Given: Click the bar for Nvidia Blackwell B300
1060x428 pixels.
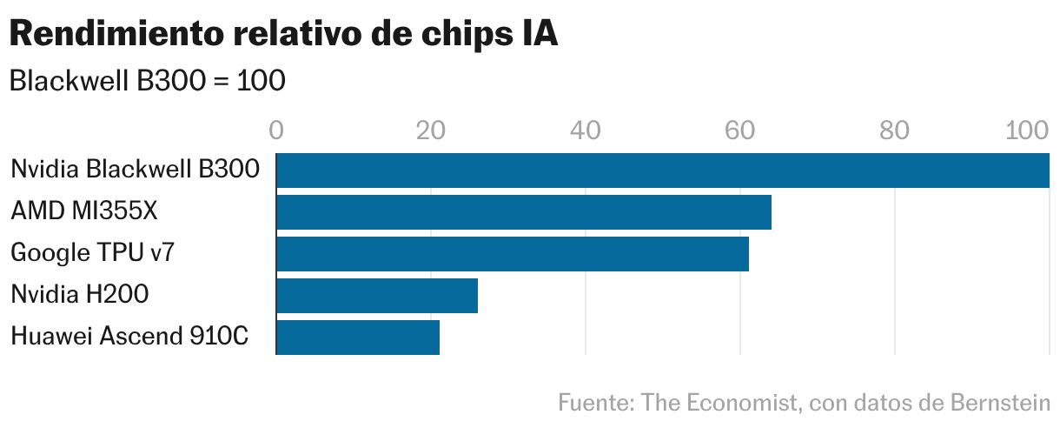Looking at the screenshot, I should [662, 171].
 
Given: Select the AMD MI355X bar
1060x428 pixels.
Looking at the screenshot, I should [524, 212].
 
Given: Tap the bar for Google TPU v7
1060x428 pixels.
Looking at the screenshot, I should [513, 254].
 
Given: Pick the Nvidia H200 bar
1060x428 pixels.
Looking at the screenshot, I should [377, 296].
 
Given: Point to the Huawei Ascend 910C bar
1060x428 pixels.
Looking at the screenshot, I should [358, 338].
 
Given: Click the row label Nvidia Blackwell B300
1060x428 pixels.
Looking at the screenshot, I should [135, 170].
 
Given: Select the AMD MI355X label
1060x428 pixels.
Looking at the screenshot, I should [84, 211].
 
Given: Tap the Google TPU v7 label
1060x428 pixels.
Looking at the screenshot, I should [94, 253].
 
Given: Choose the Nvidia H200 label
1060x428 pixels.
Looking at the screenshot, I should [79, 295].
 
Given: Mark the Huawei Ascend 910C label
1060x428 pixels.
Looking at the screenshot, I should [129, 337].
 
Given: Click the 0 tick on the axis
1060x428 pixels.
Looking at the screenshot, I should [276, 130].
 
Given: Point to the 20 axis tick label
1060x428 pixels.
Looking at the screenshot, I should [431, 130].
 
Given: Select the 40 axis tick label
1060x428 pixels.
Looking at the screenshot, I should [586, 130].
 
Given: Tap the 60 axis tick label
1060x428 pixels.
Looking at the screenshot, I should [739, 130].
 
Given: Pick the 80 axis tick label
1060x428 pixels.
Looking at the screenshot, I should [894, 130].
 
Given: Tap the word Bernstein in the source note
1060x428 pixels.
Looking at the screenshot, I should [1001, 403].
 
